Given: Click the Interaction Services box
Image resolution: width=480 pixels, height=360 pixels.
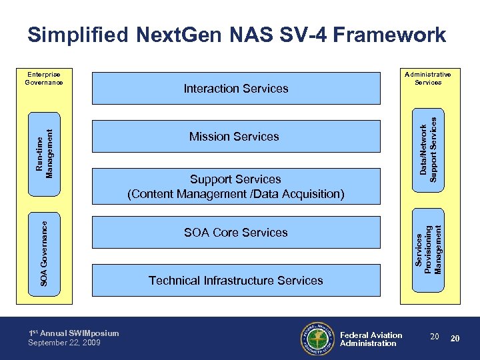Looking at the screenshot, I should coord(236,88).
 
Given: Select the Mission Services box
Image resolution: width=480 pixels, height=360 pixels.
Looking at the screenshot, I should coord(236,137).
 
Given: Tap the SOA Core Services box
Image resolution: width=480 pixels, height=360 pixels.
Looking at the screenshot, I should coord(236,233).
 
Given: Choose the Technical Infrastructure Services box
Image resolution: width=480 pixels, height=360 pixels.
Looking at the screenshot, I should coord(236,281).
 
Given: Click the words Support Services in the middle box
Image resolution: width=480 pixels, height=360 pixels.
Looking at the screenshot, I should coord(235,179).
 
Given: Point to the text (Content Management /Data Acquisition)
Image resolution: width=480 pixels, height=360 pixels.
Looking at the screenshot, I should coord(236,195).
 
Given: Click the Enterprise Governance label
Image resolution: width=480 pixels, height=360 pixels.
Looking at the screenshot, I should coord(44,78).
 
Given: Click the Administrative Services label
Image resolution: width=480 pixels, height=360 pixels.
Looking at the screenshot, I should coord(427,78).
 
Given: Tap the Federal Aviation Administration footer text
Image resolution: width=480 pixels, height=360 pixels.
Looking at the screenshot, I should coord(371,339).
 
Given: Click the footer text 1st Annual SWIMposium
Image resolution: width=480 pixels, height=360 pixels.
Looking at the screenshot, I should coord(73,333).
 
